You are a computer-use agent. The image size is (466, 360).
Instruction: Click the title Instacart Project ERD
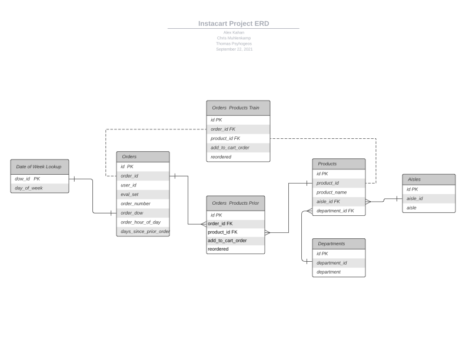[x=234, y=24]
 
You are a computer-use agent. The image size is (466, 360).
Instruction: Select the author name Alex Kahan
[x=234, y=32]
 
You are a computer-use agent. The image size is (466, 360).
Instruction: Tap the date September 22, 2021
[x=234, y=49]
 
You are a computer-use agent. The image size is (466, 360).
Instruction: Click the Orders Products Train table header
[x=238, y=108]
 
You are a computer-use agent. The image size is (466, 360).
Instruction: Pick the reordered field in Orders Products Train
[x=221, y=157]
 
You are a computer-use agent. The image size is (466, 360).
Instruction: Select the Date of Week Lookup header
[x=39, y=166]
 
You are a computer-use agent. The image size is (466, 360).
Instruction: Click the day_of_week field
[x=29, y=188]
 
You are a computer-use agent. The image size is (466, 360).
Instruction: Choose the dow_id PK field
[x=28, y=179]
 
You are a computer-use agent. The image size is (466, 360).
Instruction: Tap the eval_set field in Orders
[x=129, y=194]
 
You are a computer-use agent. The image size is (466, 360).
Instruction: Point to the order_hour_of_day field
[x=141, y=222]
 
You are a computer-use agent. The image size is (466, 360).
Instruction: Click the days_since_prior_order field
[x=144, y=232]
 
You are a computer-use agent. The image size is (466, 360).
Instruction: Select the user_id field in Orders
[x=128, y=185]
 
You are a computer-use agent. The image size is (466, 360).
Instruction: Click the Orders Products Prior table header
[x=235, y=203]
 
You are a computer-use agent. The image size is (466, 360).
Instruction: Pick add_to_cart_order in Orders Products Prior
[x=227, y=241]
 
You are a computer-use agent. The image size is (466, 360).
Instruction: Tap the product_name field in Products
[x=332, y=192]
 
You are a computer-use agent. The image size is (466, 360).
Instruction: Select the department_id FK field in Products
[x=335, y=211]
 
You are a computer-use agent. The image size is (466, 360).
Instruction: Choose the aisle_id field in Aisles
[x=415, y=199]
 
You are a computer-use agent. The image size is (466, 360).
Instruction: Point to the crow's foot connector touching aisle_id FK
[x=368, y=202]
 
